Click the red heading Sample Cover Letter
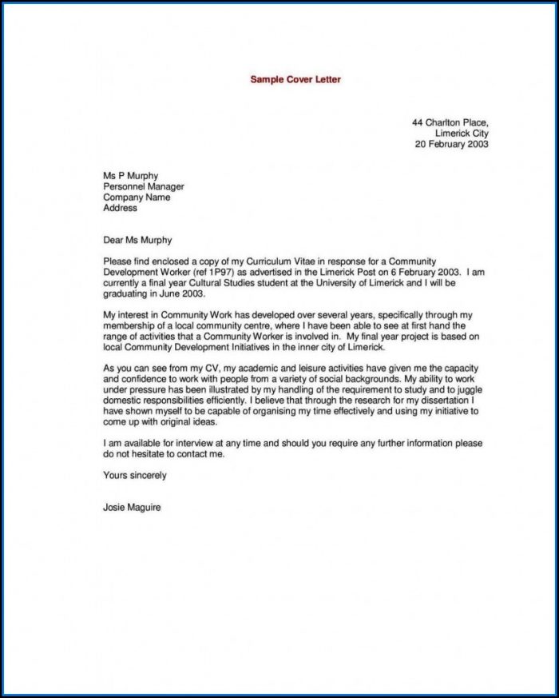(x=295, y=80)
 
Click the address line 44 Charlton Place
(x=450, y=122)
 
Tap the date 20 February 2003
(x=451, y=145)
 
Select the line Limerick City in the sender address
(x=462, y=134)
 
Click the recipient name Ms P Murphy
(x=130, y=176)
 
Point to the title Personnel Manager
(x=144, y=187)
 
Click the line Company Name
(x=137, y=197)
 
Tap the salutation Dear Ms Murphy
(x=137, y=240)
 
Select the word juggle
(x=466, y=389)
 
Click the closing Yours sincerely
(x=135, y=475)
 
